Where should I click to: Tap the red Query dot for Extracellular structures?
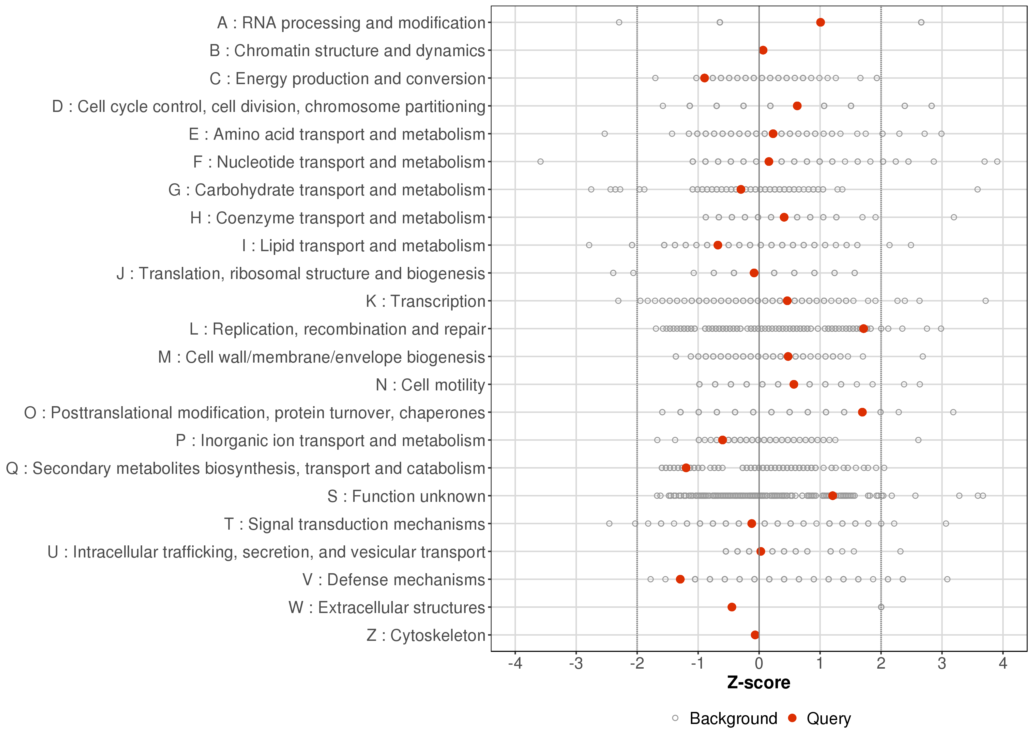pyautogui.click(x=731, y=607)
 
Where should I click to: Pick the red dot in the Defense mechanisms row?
pyautogui.click(x=680, y=579)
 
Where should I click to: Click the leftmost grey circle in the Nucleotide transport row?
pyautogui.click(x=540, y=161)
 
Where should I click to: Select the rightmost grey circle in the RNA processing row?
pyautogui.click(x=921, y=22)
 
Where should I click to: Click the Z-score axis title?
pyautogui.click(x=759, y=683)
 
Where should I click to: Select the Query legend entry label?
pyautogui.click(x=829, y=719)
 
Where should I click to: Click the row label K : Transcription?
pyautogui.click(x=426, y=301)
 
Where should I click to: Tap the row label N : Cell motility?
pyautogui.click(x=430, y=385)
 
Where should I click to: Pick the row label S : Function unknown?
pyautogui.click(x=406, y=496)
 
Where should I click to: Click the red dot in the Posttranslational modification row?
pyautogui.click(x=862, y=412)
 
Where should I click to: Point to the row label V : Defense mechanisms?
pyautogui.click(x=394, y=580)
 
